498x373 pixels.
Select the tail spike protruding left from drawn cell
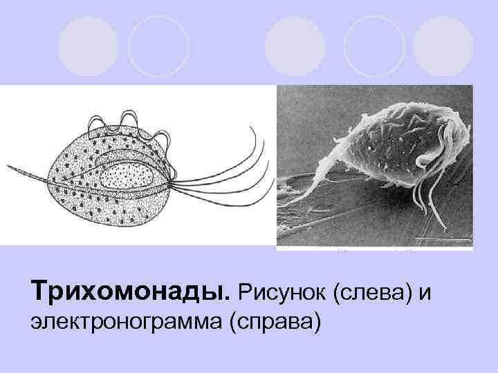[28, 173]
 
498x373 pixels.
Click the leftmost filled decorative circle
[89, 45]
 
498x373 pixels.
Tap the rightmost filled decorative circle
[442, 46]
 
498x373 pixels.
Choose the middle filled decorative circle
[295, 46]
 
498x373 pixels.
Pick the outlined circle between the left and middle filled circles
[158, 46]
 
